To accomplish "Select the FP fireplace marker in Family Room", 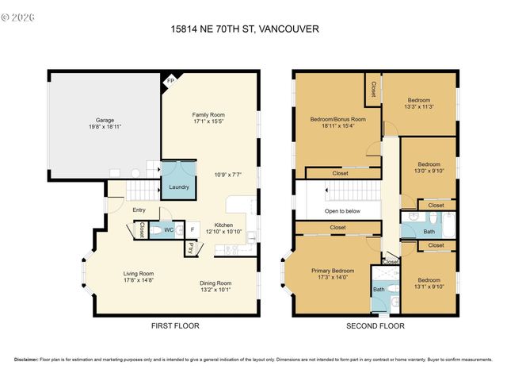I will [x=169, y=81].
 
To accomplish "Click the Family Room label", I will [x=208, y=114].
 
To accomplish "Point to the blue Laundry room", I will [x=178, y=179].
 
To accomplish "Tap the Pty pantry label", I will [x=191, y=248].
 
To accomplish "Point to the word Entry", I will [x=139, y=210].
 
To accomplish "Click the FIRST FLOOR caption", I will [x=175, y=326].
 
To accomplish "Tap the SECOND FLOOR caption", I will [x=375, y=326].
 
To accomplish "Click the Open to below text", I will [x=342, y=211].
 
